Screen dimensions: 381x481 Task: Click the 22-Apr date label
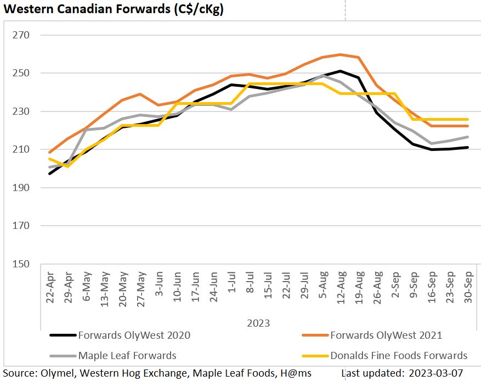(50, 285)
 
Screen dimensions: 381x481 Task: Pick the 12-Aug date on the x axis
(341, 285)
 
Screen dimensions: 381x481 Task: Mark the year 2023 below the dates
(258, 323)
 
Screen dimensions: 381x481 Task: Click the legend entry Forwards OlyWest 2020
(134, 335)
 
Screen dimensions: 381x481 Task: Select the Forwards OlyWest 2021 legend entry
(386, 335)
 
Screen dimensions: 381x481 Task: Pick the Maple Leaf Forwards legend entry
(127, 355)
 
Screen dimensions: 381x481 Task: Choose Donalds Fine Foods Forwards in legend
(399, 355)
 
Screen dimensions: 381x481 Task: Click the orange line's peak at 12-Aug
(341, 54)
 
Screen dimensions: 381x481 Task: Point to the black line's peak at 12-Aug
(341, 71)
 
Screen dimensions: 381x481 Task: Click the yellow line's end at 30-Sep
(467, 119)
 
